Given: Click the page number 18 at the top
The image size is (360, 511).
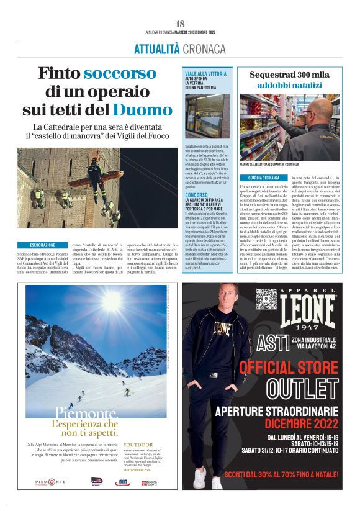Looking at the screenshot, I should coord(180,24).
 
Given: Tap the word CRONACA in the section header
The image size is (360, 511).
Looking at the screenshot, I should coord(201,48).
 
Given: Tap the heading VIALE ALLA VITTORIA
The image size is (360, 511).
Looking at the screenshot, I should coord(205,74).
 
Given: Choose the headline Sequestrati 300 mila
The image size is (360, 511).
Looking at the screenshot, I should coord(290,75).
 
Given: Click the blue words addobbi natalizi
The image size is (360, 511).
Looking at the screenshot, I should coord(290,84).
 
